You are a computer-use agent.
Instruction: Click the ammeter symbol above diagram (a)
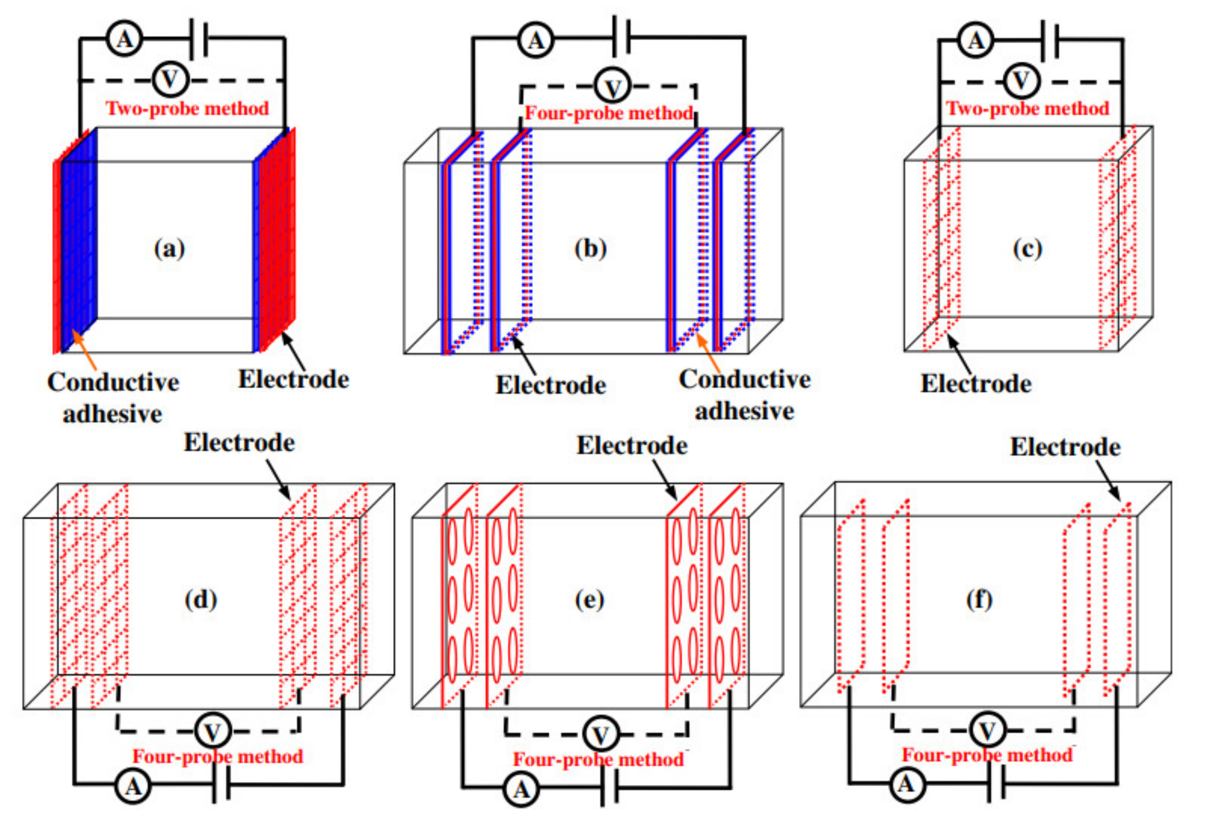[x=124, y=39]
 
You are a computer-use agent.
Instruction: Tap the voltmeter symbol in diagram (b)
[x=613, y=87]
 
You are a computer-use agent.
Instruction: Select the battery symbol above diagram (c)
[x=1049, y=40]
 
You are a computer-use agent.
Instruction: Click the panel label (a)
[x=169, y=249]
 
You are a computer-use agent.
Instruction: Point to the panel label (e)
[x=589, y=600]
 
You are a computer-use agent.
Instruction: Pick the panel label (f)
[x=979, y=599]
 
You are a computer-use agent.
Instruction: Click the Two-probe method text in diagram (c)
[x=1027, y=108]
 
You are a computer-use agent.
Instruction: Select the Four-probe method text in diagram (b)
[x=609, y=113]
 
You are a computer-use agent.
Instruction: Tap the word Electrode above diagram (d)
[x=239, y=443]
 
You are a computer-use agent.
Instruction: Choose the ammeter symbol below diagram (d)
[x=133, y=787]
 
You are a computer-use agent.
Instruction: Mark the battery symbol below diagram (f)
[x=996, y=782]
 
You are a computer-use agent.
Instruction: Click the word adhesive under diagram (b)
[x=744, y=411]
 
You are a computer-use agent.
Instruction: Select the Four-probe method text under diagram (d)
[x=218, y=756]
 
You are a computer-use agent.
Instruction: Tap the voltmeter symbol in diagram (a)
[x=170, y=79]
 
